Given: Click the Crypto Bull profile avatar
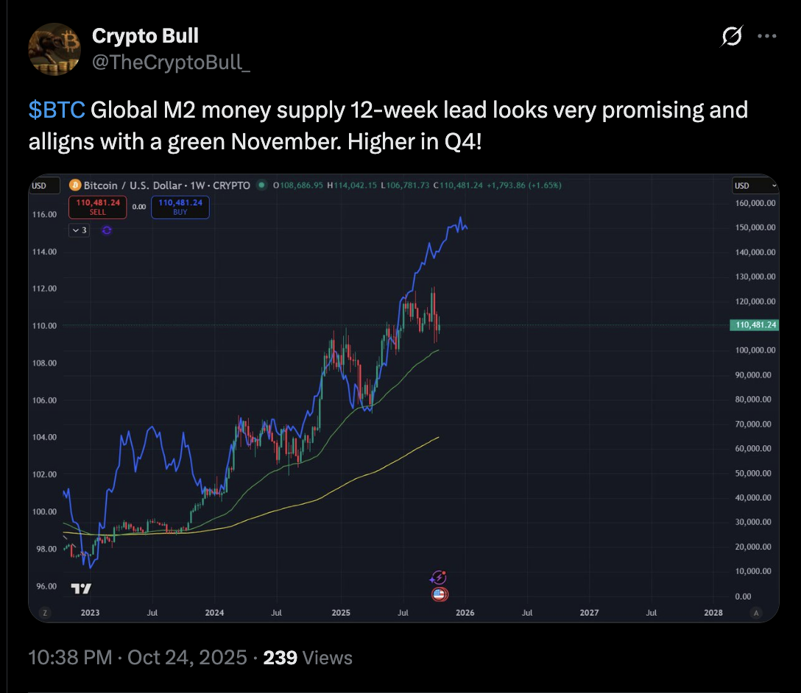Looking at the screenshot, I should tap(54, 49).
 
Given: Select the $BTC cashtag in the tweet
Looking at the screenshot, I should tap(57, 110).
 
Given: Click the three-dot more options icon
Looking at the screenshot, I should tap(767, 36).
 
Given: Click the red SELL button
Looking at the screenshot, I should tap(98, 207).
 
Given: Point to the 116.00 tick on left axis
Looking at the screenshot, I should tap(46, 214).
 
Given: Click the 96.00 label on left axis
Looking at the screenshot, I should tap(46, 586).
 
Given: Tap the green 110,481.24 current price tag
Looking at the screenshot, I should tap(752, 324).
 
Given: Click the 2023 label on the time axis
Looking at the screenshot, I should tap(90, 612).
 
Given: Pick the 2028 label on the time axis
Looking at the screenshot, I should tap(713, 612).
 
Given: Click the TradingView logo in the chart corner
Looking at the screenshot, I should tap(81, 589).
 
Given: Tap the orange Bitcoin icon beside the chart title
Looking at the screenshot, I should tap(75, 185).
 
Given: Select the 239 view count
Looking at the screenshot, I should tap(280, 657).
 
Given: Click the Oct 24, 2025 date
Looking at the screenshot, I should tap(187, 657).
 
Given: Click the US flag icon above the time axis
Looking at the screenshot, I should tap(440, 594).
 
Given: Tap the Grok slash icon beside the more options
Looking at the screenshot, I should tap(732, 36).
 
